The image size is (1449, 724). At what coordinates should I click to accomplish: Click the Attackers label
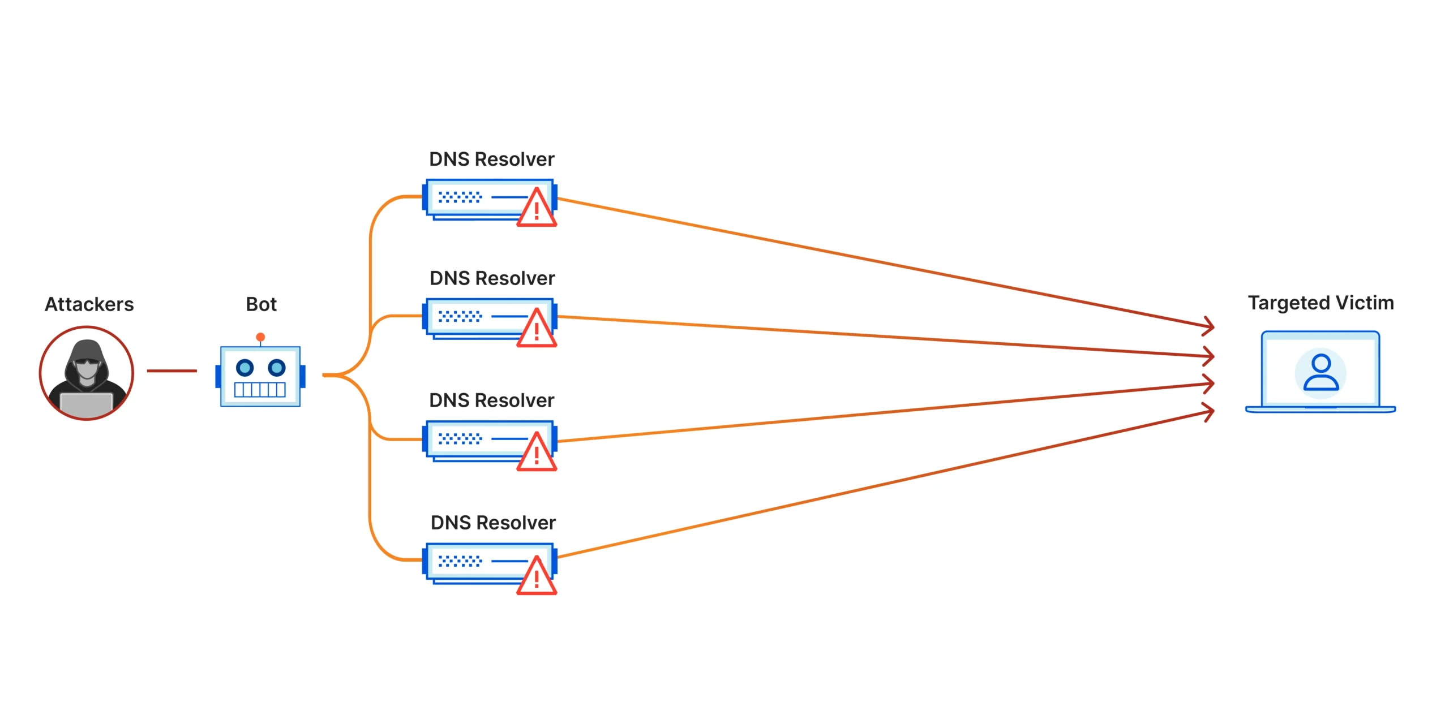[x=89, y=304]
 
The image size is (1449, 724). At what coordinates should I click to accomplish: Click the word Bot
[x=261, y=304]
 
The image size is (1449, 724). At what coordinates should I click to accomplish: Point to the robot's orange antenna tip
[x=260, y=337]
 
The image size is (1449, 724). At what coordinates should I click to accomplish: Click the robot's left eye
[x=245, y=368]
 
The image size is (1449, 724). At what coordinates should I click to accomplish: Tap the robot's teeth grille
[x=260, y=390]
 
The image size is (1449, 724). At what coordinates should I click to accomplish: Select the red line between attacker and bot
[x=172, y=371]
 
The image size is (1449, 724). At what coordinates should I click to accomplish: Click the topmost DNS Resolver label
[x=491, y=160]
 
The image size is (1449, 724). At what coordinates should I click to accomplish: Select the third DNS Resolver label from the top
[x=491, y=400]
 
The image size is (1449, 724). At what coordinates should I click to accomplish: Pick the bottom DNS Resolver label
[x=493, y=523]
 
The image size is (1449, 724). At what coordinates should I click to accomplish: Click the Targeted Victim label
[x=1321, y=303]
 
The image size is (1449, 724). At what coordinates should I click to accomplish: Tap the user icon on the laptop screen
[x=1321, y=373]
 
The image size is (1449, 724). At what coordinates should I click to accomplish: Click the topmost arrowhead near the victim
[x=1209, y=326]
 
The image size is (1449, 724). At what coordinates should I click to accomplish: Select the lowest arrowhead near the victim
[x=1209, y=412]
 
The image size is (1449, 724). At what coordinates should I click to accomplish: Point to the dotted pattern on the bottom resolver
[x=460, y=561]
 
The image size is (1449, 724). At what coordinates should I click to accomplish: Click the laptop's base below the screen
[x=1320, y=410]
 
